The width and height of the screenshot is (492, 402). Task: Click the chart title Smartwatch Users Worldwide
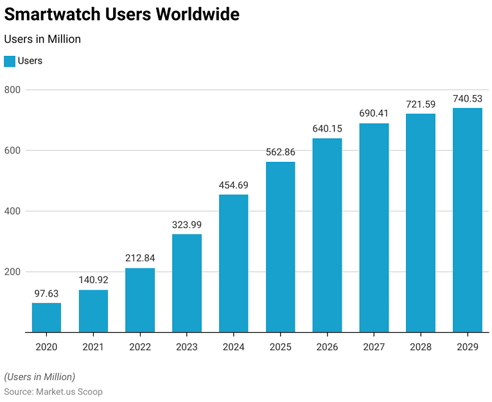(122, 15)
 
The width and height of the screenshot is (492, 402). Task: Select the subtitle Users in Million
(42, 39)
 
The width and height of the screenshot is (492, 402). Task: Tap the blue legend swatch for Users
(10, 61)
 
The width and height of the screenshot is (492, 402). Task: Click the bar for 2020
(47, 317)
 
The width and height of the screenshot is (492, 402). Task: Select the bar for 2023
(187, 283)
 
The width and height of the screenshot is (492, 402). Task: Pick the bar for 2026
(327, 235)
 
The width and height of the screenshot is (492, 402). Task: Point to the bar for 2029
(467, 220)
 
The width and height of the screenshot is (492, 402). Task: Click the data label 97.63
(47, 293)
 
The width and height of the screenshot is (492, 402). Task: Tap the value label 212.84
(140, 258)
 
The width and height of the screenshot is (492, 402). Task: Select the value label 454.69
(233, 185)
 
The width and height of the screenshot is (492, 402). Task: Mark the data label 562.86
(280, 152)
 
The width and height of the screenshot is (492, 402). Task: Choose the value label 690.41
(374, 114)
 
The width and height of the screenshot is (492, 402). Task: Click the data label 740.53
(467, 99)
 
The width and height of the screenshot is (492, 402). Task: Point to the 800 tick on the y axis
(13, 90)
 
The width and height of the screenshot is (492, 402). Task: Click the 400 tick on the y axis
(13, 211)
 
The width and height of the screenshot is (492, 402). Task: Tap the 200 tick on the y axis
(13, 272)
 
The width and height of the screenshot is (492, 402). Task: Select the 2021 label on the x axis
(93, 347)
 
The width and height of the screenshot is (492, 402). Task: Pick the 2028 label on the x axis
(420, 347)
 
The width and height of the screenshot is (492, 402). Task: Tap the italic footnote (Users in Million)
(40, 376)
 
